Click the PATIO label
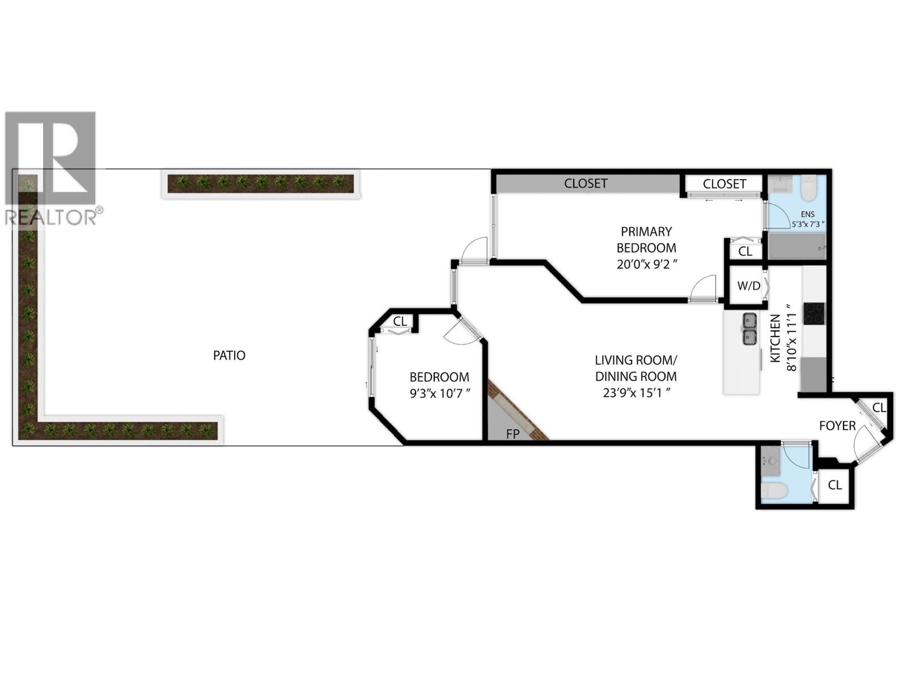(x=229, y=355)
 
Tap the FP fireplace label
(x=512, y=434)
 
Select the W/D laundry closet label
(x=748, y=286)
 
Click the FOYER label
(x=837, y=425)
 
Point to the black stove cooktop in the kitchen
(x=814, y=313)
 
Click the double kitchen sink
(x=749, y=329)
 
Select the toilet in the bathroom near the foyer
(x=773, y=492)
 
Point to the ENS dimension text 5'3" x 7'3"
(x=808, y=224)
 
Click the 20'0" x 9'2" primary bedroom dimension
(x=646, y=264)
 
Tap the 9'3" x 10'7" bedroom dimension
(x=439, y=393)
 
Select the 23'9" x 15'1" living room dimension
(x=636, y=392)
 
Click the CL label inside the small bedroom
(x=400, y=321)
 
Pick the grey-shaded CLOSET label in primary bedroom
(x=586, y=184)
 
